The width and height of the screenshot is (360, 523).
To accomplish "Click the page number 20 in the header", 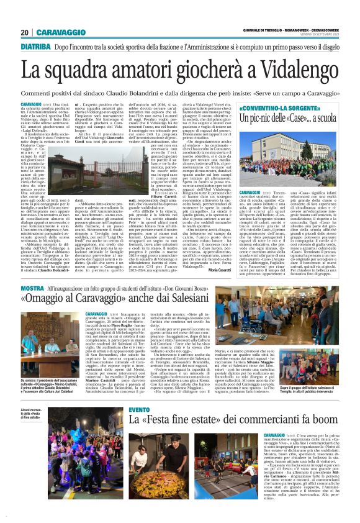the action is [24, 32].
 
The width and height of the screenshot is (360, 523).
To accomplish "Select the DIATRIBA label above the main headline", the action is [35, 47].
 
